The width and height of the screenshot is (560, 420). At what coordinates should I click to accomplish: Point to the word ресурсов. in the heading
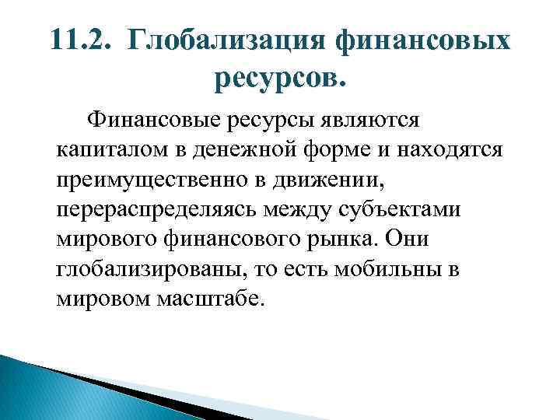click(x=281, y=78)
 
